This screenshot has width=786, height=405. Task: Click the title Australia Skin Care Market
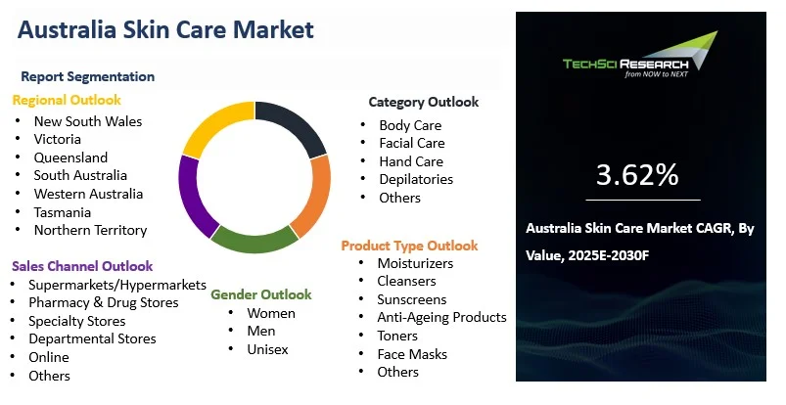click(165, 29)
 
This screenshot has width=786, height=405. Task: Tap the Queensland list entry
click(70, 157)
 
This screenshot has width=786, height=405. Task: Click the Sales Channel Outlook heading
click(82, 266)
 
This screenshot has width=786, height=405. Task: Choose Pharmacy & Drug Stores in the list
click(103, 302)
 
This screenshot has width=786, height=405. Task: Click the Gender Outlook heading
click(261, 294)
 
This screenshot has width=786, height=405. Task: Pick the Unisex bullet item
click(267, 349)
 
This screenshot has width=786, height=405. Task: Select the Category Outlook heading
click(423, 102)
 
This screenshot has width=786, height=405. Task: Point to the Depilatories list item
click(416, 179)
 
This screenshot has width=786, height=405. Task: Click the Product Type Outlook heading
click(409, 246)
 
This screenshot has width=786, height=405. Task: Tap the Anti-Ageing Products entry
click(441, 317)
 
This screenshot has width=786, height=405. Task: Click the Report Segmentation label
click(88, 76)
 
